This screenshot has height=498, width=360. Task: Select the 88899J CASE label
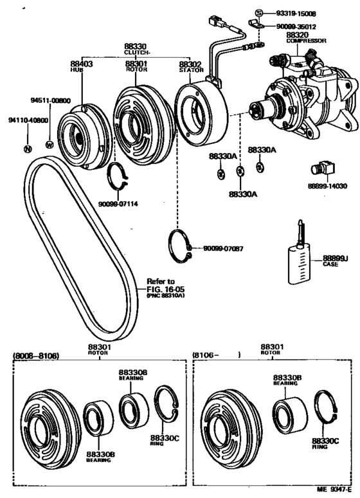click(334, 261)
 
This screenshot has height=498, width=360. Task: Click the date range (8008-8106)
click(39, 354)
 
